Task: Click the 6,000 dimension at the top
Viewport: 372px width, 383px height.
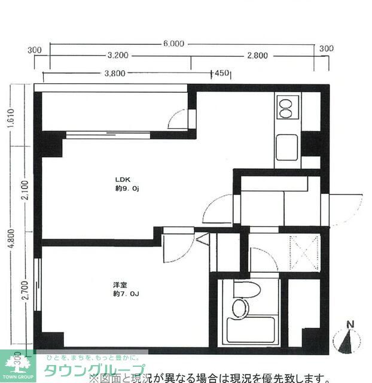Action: pyautogui.click(x=173, y=44)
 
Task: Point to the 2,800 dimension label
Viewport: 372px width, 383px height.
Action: pyautogui.click(x=258, y=56)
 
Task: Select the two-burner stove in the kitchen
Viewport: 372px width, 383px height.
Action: pyautogui.click(x=286, y=108)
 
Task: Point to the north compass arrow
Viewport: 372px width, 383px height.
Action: pyautogui.click(x=348, y=341)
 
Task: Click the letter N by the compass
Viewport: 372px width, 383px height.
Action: pyautogui.click(x=350, y=326)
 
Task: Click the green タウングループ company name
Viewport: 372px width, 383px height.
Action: pyautogui.click(x=93, y=369)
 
